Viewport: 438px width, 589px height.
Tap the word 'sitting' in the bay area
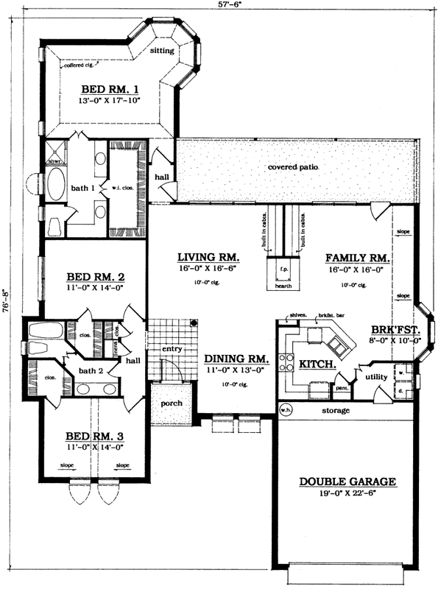[x=162, y=52]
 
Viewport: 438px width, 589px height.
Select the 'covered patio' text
[x=294, y=167]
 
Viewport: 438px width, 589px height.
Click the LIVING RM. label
[x=209, y=257]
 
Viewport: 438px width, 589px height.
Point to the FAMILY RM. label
[x=358, y=258]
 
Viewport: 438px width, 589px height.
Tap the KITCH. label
[x=318, y=364]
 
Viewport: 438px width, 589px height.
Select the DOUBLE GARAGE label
[x=347, y=482]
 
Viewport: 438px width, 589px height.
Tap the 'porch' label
[x=171, y=404]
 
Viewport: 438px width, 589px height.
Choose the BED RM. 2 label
[x=96, y=277]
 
